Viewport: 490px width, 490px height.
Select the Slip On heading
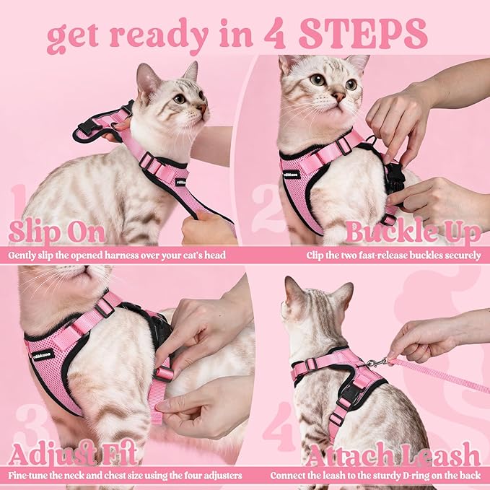pos(57,232)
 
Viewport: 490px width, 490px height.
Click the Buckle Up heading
pos(413,232)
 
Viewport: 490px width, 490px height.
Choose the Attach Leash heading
pos(393,455)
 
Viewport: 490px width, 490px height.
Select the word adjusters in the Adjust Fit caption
pos(219,476)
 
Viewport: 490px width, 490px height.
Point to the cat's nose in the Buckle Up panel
pos(338,95)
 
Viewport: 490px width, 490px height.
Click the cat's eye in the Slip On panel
pos(178,99)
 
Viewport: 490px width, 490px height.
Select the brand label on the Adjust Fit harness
pos(44,354)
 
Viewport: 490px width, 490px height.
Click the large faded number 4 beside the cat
pos(278,426)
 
